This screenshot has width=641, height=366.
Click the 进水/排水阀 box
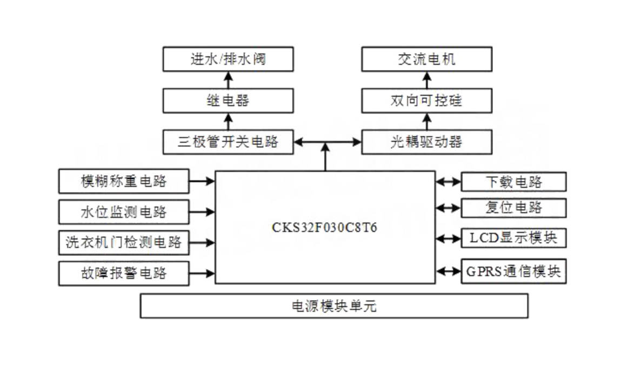coord(228,59)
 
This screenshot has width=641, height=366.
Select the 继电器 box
coord(228,101)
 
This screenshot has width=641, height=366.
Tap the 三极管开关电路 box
coord(228,142)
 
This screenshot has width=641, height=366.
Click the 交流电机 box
coord(426,59)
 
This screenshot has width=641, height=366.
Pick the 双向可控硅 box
coord(426,101)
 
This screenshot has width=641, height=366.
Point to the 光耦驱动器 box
coord(426,142)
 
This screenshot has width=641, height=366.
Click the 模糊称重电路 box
coord(124,181)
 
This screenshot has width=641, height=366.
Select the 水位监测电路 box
coord(124,212)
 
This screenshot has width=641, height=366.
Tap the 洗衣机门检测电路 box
coord(124,242)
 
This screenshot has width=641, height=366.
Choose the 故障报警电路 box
coord(124,273)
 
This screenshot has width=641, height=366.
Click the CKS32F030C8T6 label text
coord(325,228)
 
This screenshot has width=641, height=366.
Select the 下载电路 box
coord(513,182)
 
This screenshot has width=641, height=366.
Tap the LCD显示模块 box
coord(513,238)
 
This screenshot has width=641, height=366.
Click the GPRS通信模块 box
coord(513,271)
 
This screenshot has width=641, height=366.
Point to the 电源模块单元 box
coord(334,306)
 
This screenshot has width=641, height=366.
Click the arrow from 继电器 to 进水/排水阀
coord(228,80)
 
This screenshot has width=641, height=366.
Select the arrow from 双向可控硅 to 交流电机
coord(426,80)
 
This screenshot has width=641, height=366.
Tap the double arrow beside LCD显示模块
coord(448,238)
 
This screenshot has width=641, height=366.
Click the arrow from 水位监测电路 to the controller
coord(202,212)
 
